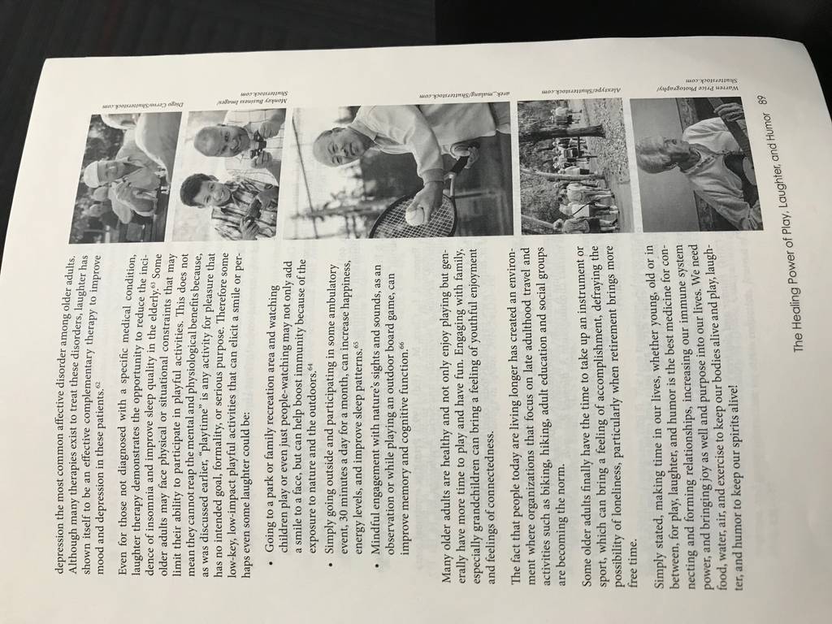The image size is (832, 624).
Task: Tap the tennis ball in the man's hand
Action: pos(416,215)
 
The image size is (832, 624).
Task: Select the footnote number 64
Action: pos(310,368)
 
